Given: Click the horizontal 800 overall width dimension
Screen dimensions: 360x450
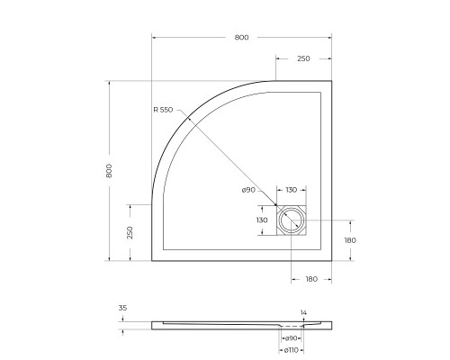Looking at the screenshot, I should click(x=240, y=38).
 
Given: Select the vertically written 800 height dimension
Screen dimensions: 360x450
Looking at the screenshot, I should click(x=109, y=170).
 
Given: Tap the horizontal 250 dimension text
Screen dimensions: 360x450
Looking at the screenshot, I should click(x=303, y=58).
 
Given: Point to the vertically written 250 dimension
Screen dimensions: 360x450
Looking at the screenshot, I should click(x=130, y=232).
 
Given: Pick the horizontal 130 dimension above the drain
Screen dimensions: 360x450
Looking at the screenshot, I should click(x=292, y=190).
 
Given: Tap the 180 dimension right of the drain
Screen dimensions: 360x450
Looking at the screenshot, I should click(x=350, y=240).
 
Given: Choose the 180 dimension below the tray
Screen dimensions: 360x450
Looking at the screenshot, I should click(x=310, y=280).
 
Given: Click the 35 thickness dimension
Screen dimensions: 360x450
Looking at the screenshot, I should click(x=123, y=309).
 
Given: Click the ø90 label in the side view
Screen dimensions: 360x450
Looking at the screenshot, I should click(x=291, y=337).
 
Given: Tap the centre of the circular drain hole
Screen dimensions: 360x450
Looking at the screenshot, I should click(x=292, y=220).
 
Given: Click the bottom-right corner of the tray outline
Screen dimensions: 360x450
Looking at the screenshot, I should click(x=334, y=260).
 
